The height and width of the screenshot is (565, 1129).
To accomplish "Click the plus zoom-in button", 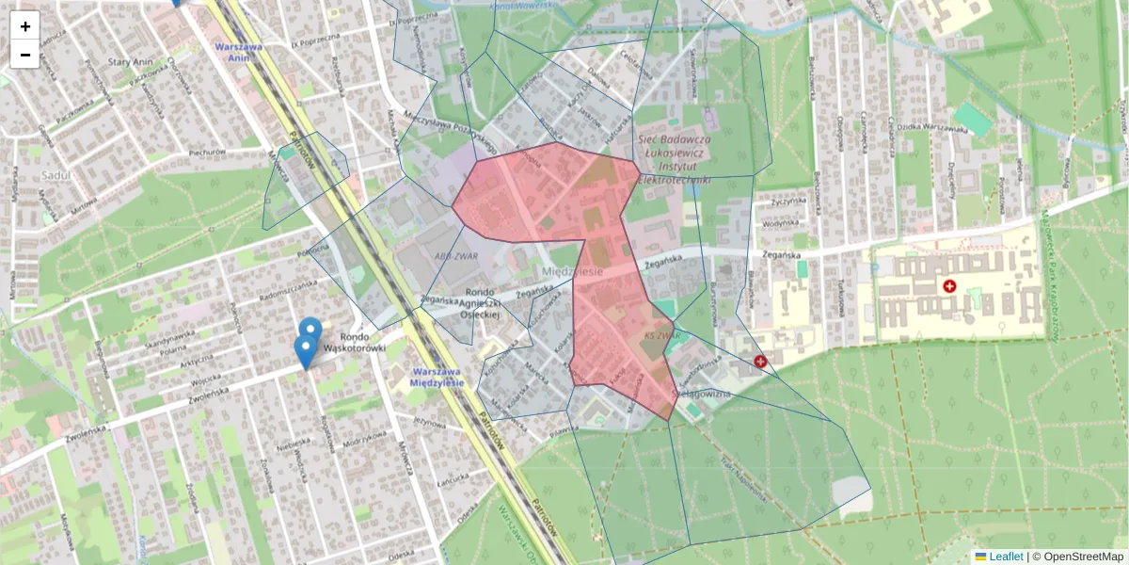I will tap(25, 26).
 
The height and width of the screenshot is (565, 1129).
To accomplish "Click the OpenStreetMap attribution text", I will tap(1083, 557).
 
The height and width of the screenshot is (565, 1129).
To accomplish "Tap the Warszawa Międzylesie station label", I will tap(438, 377).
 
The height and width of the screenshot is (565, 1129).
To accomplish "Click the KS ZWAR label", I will tap(661, 335).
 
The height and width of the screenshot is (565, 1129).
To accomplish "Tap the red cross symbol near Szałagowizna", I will tap(760, 361).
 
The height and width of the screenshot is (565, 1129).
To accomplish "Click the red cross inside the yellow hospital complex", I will tap(949, 285).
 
